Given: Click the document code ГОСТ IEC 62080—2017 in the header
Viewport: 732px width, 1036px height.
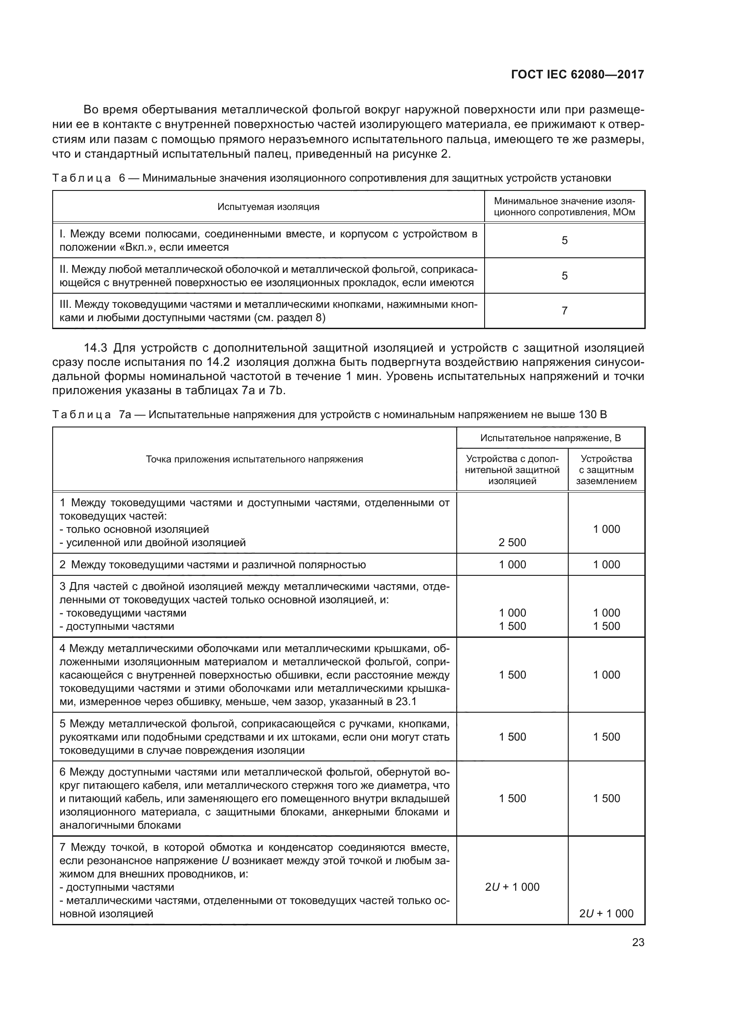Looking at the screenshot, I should (578, 75).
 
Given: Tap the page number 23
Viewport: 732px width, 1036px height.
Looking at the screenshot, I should (638, 942).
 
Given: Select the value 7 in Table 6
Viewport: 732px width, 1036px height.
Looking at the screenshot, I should (564, 310).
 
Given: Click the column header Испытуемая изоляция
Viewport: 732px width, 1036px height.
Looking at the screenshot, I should (268, 207).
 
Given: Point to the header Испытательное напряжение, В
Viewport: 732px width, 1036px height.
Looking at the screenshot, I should (551, 438).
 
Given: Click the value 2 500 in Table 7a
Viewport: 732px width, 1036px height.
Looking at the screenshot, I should (512, 543).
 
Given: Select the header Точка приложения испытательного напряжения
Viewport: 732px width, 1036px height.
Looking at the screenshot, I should (254, 459).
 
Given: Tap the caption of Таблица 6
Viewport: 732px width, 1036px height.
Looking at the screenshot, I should (331, 178).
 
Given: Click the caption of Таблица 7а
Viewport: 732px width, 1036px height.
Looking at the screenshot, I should (329, 414).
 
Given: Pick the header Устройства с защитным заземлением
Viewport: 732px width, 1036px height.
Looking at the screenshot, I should (606, 469).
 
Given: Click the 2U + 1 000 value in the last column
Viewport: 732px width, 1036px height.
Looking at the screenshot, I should (606, 913).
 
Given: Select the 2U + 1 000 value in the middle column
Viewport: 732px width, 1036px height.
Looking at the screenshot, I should (512, 887).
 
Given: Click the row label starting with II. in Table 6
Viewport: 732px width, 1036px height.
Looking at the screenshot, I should (268, 275).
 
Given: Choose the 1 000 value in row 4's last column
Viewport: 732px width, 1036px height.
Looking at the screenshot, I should (606, 675).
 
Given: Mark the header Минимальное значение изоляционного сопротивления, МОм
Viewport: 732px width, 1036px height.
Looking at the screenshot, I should (564, 207).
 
